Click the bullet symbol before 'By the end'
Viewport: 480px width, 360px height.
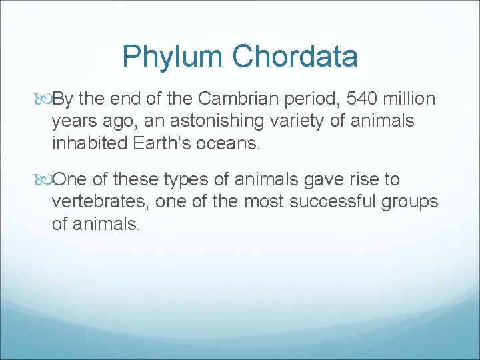[x=45, y=99]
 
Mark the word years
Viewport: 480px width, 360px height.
[x=75, y=121]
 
